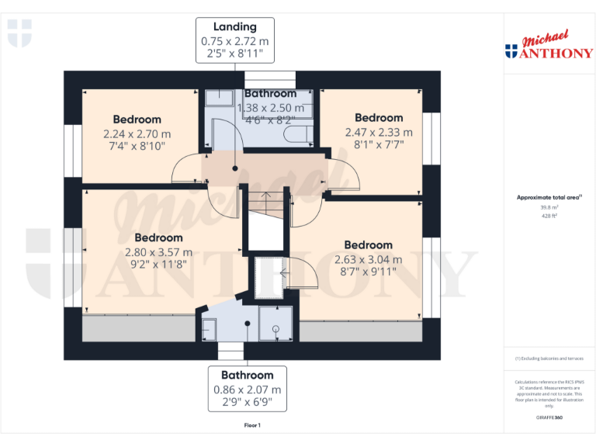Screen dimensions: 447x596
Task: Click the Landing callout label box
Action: pyautogui.click(x=234, y=40)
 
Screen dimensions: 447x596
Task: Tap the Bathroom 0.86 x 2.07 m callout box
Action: pyautogui.click(x=248, y=389)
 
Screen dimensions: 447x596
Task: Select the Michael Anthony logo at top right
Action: pyautogui.click(x=549, y=47)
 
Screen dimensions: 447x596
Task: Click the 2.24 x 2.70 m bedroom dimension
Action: pyautogui.click(x=137, y=133)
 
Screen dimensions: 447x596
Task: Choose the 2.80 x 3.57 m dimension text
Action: pyautogui.click(x=158, y=251)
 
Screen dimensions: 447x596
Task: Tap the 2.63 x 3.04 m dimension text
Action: pyautogui.click(x=368, y=259)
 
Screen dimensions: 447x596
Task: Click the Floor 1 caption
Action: pyautogui.click(x=252, y=425)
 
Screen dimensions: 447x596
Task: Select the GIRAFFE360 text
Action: pyautogui.click(x=549, y=418)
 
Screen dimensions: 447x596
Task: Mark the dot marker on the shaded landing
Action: pyautogui.click(x=235, y=168)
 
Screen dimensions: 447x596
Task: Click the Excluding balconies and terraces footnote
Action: pyautogui.click(x=549, y=359)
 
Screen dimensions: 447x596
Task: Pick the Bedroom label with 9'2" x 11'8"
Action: pyautogui.click(x=158, y=237)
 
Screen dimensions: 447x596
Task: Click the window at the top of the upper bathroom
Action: pyautogui.click(x=270, y=78)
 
